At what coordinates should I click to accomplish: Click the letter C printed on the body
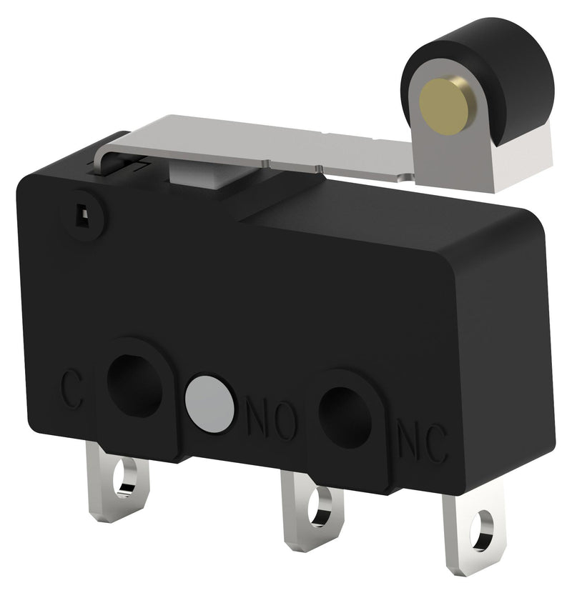[x=70, y=387]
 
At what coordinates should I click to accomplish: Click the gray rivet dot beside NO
[x=209, y=403]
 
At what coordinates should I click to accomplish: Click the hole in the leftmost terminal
[x=127, y=477]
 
